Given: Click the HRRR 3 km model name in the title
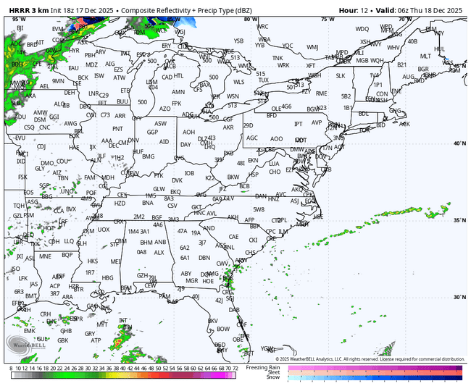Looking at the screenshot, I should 25,10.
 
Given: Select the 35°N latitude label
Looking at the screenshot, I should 458,220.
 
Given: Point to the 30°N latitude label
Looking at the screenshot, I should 458,297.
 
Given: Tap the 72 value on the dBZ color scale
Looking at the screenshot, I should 236,369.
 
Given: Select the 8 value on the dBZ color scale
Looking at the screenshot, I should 12,369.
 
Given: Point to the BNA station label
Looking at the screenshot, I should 147,204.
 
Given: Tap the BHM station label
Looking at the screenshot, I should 146,242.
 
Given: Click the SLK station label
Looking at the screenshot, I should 340,75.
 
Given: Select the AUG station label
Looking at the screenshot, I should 409,77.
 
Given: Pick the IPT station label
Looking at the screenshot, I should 298,123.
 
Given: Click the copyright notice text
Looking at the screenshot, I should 370,358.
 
